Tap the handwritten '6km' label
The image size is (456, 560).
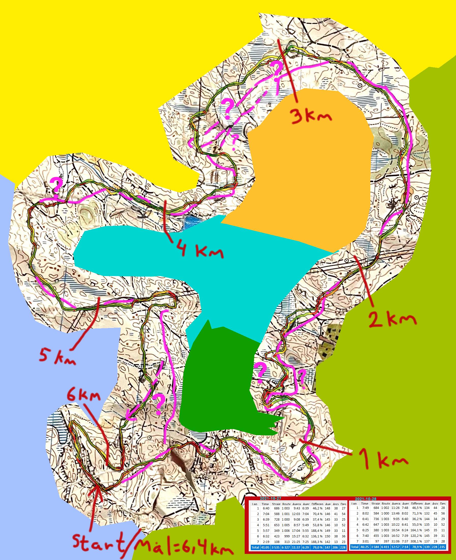(84, 395)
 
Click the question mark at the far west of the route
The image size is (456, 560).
(56, 185)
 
